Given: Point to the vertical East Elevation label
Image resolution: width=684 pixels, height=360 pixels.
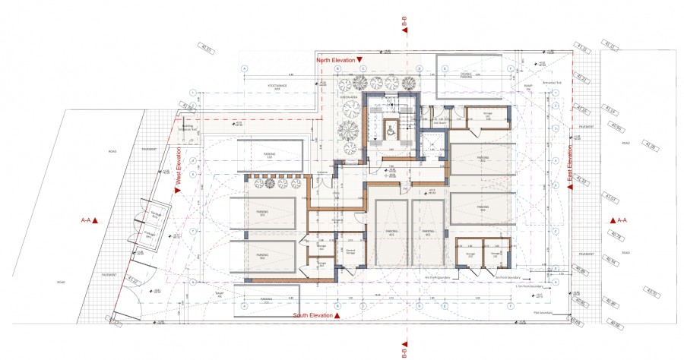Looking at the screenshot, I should (x=569, y=166).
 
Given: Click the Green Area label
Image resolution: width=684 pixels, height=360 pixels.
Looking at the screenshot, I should (x=349, y=98).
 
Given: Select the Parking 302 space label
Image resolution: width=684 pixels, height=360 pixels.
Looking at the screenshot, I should (x=261, y=256).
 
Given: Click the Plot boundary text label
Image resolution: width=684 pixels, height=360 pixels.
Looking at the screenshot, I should (x=541, y=311).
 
